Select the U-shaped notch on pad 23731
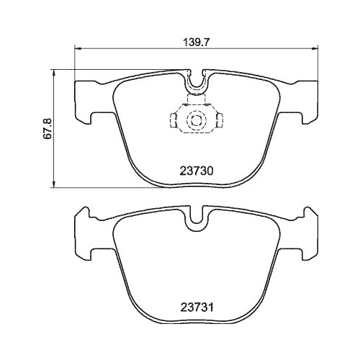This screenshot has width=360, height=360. (x=194, y=220)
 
